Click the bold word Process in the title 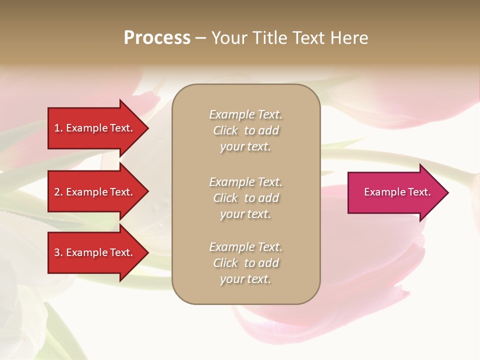(x=157, y=38)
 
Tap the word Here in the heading (x=348, y=38)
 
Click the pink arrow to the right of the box (x=395, y=192)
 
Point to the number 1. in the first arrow (x=58, y=128)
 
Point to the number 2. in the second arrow (x=58, y=192)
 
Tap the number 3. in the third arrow (x=58, y=252)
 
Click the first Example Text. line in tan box (x=245, y=114)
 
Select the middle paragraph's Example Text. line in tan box (x=245, y=182)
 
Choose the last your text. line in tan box (x=245, y=279)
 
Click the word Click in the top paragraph (x=225, y=130)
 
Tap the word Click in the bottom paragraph (x=225, y=263)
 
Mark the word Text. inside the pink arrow (x=419, y=192)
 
